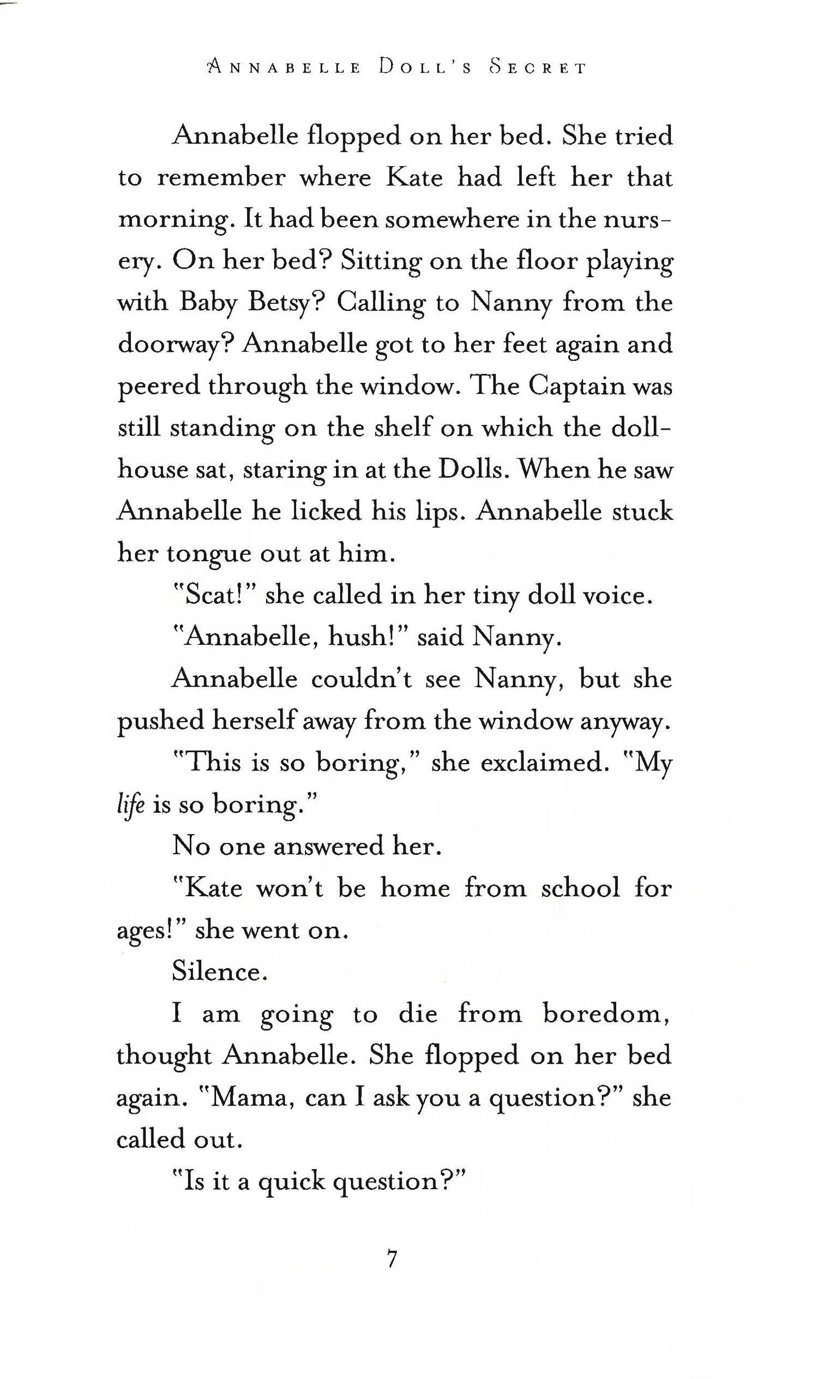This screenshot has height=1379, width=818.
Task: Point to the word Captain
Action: point(576,386)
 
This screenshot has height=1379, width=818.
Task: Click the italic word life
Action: point(131,805)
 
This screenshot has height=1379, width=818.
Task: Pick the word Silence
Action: point(219,972)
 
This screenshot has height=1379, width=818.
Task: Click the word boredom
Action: point(606,1014)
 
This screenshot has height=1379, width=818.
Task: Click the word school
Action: point(580,888)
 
